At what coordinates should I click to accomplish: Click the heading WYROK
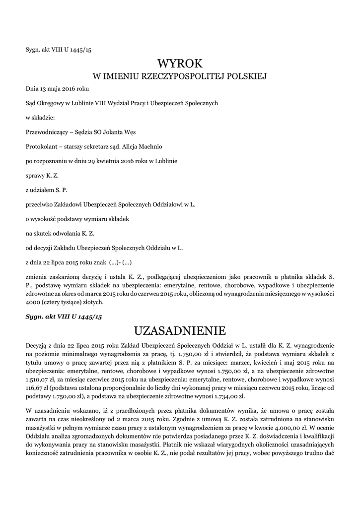click(x=180, y=63)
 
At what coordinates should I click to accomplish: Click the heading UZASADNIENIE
click(x=180, y=330)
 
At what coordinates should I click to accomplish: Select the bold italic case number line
click(x=64, y=316)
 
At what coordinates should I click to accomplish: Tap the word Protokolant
click(x=42, y=147)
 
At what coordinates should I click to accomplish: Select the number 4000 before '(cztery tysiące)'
click(x=33, y=302)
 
